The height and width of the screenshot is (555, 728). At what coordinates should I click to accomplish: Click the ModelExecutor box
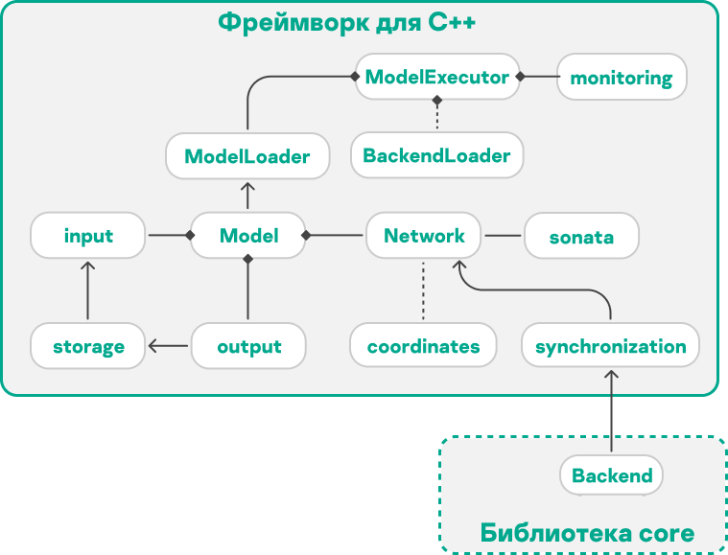pos(436,77)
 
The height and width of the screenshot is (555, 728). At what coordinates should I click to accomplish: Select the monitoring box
pos(621,78)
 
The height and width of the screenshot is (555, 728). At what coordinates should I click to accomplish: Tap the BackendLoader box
pos(436,154)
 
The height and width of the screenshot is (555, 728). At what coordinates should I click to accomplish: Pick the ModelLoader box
pos(247,155)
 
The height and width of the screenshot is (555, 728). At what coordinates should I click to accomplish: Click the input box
pos(88,235)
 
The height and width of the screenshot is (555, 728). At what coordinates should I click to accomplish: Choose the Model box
pos(248,235)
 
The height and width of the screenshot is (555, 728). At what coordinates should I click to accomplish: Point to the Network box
pos(424,235)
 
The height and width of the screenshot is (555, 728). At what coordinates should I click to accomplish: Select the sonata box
pos(581,236)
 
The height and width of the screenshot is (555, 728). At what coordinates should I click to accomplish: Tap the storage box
pos(88,346)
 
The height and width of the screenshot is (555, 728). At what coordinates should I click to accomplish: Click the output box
pos(248,346)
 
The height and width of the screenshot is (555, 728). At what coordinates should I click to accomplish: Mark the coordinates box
pos(423,346)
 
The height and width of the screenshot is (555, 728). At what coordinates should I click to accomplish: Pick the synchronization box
pos(610,346)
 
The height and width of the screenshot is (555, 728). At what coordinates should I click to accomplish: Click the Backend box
pos(611,475)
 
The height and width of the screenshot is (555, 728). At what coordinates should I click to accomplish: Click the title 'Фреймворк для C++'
pos(347,23)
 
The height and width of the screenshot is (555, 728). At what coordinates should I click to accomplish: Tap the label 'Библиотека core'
pos(587,532)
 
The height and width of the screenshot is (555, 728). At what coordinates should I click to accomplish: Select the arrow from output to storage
pos(169,346)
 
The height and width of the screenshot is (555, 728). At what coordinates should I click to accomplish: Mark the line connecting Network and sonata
pos(505,235)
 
